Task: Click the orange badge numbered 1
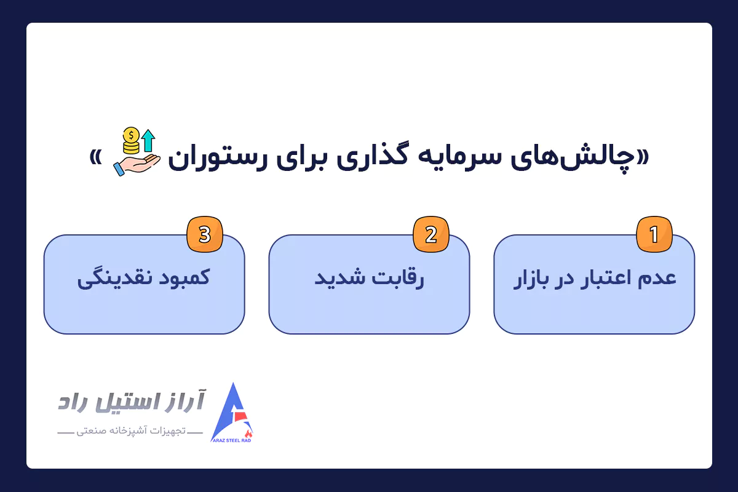click(x=654, y=235)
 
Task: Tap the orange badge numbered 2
click(x=430, y=235)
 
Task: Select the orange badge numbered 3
click(x=205, y=235)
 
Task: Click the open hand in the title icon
click(x=137, y=162)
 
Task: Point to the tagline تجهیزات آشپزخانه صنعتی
click(x=130, y=432)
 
